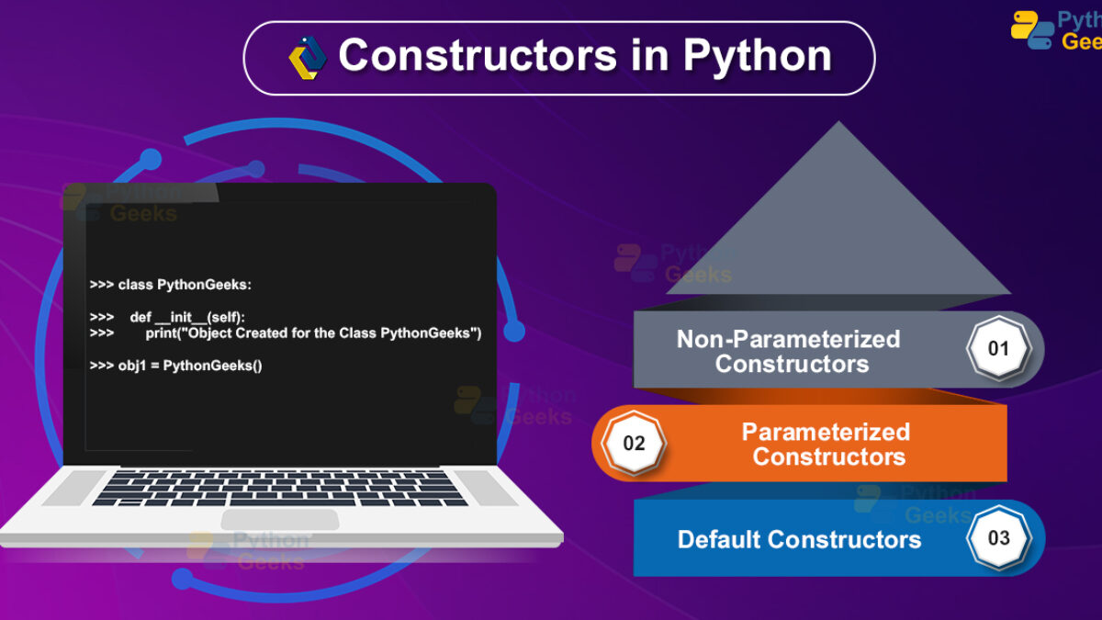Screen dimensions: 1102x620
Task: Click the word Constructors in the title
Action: pyautogui.click(x=478, y=55)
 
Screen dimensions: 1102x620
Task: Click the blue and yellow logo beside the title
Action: pyautogui.click(x=307, y=58)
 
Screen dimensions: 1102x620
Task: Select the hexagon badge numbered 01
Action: pyautogui.click(x=998, y=348)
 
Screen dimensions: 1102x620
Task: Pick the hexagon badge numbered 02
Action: pyautogui.click(x=634, y=443)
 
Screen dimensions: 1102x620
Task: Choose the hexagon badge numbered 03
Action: pyautogui.click(x=998, y=538)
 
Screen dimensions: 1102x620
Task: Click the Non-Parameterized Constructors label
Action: pyautogui.click(x=789, y=351)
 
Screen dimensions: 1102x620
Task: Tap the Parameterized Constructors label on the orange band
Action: pyautogui.click(x=826, y=444)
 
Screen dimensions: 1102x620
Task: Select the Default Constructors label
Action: pyautogui.click(x=800, y=539)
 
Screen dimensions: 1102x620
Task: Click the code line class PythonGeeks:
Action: pyautogui.click(x=170, y=285)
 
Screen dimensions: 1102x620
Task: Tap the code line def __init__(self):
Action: pyautogui.click(x=167, y=318)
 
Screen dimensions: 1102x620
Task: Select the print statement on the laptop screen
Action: pyautogui.click(x=313, y=333)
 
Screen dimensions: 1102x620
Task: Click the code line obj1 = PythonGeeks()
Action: pyautogui.click(x=175, y=366)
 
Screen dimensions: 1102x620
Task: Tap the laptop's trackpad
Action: pyautogui.click(x=280, y=520)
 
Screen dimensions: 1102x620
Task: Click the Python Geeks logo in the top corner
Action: pyautogui.click(x=1056, y=30)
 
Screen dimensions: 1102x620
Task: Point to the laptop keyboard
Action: pyautogui.click(x=280, y=489)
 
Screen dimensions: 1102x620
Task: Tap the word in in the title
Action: pyautogui.click(x=649, y=55)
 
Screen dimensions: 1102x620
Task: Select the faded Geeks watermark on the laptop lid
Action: pyautogui.click(x=143, y=213)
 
